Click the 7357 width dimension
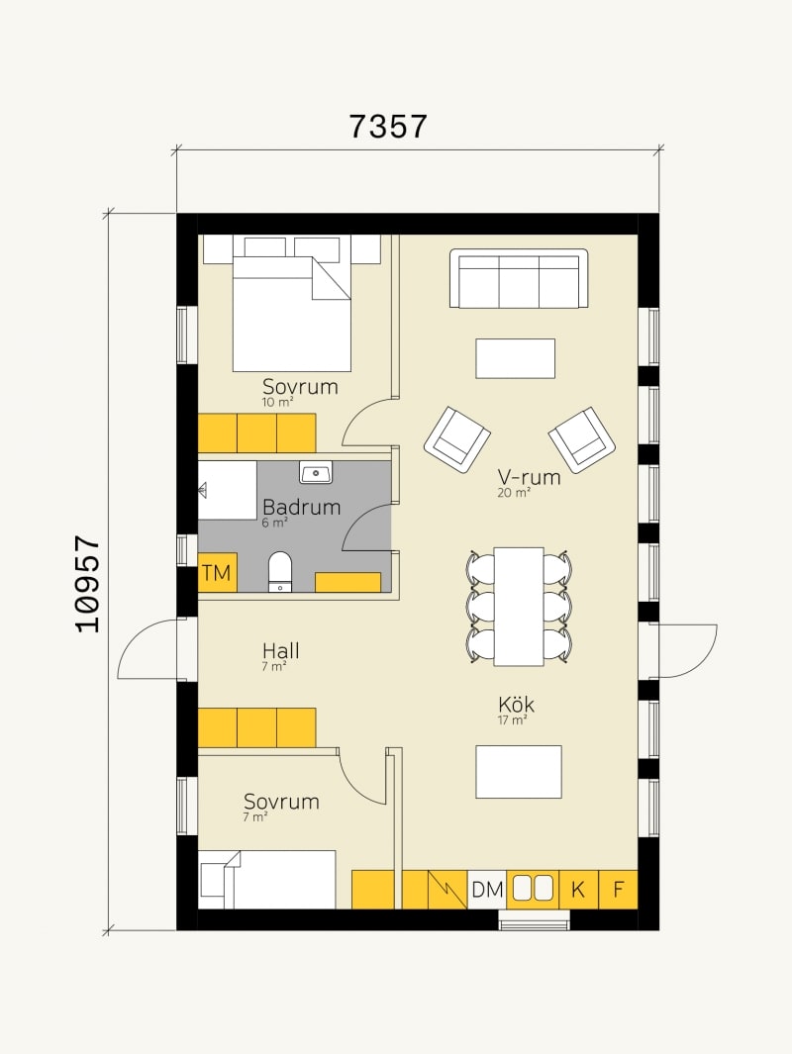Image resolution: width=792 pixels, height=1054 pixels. [388, 126]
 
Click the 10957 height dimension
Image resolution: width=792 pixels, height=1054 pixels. [88, 584]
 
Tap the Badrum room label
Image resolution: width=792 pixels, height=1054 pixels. [301, 507]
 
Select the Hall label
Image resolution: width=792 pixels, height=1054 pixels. [281, 650]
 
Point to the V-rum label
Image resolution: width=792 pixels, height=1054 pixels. [529, 477]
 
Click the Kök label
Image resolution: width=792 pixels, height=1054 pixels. [517, 705]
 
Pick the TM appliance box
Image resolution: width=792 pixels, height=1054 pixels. [217, 573]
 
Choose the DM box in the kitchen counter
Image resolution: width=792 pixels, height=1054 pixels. [487, 890]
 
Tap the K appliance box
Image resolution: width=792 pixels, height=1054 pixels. [578, 890]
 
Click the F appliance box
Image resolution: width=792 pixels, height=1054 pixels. [618, 890]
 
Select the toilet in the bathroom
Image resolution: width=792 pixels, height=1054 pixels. [280, 572]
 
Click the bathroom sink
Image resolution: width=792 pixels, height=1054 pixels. [316, 472]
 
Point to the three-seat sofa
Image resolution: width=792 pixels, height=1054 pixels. [519, 278]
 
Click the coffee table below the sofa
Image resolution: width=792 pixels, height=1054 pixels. [516, 358]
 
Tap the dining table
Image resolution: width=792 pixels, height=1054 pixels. [519, 607]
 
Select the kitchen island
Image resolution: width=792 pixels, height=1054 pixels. [519, 772]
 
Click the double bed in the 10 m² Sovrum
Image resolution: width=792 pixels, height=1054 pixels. [292, 314]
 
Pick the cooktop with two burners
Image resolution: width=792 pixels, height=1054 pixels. [534, 888]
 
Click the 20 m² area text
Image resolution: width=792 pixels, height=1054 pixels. [515, 493]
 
